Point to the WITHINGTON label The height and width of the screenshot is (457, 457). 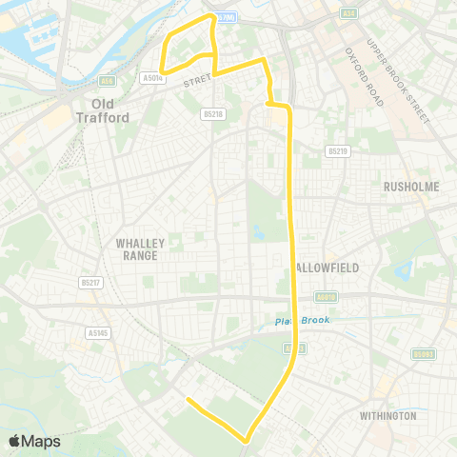[387, 416]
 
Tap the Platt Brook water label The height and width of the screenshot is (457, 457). [302, 321]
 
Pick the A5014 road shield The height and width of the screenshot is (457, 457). [151, 78]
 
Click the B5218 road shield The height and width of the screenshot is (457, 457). [213, 113]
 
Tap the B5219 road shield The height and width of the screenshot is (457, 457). [337, 150]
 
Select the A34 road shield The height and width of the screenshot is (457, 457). [348, 13]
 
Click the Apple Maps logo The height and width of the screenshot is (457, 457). [34, 441]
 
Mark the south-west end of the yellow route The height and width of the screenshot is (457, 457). [188, 400]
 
